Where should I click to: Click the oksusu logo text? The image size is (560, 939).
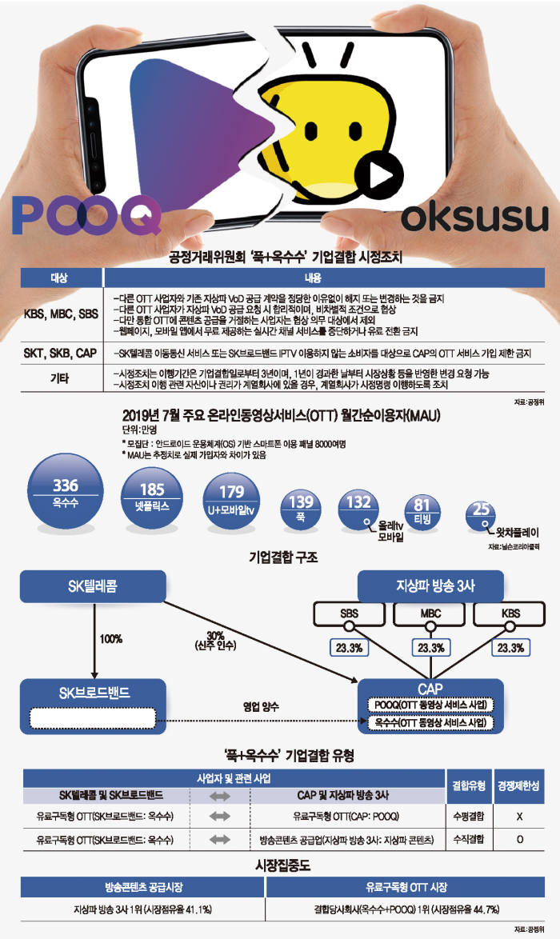[473, 218]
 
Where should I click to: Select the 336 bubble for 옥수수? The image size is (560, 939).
[66, 492]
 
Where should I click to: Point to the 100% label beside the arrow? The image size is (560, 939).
[111, 640]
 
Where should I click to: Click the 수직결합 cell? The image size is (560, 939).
[466, 840]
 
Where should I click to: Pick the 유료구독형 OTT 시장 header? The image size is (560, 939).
[407, 887]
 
